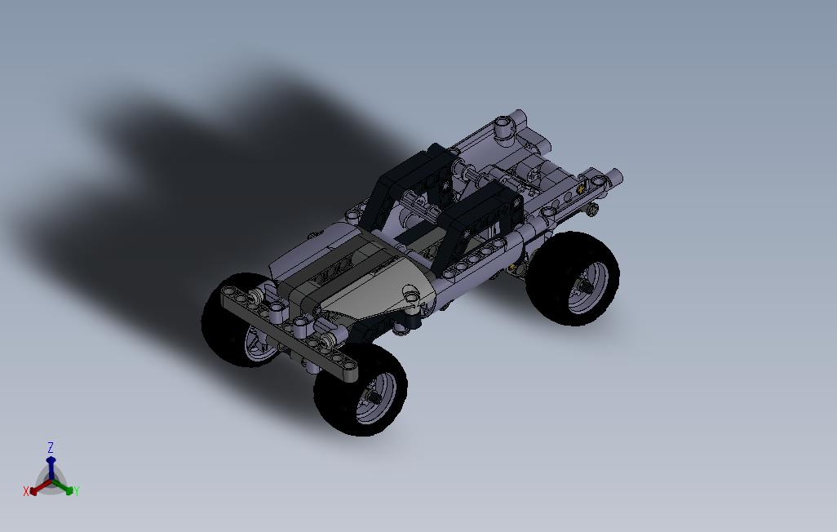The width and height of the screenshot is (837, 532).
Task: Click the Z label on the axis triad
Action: [51, 448]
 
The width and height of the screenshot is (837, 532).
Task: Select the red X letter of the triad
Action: [25, 491]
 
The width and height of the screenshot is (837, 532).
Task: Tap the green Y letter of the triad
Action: [77, 491]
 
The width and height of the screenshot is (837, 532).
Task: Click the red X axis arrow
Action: [41, 486]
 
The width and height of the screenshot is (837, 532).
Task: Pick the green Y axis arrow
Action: [61, 486]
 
